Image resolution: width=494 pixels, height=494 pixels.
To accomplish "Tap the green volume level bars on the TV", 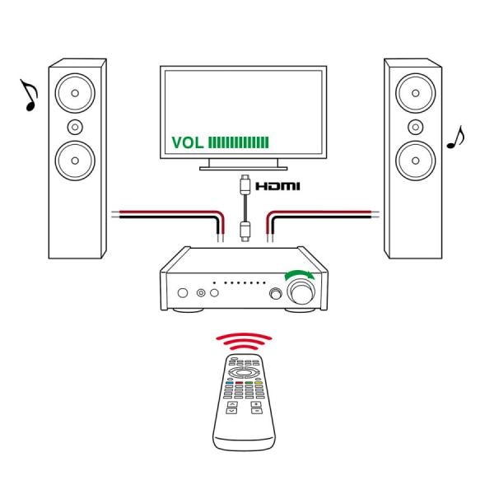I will tap(240, 142).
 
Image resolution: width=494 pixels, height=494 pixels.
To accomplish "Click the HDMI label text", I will tap(277, 188).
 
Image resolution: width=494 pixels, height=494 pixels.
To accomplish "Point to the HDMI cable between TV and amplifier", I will tap(244, 206).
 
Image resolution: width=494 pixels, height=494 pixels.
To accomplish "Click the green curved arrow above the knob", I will tap(298, 275).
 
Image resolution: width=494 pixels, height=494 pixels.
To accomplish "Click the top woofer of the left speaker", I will tap(75, 92).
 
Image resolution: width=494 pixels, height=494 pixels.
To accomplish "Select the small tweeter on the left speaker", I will tap(76, 126).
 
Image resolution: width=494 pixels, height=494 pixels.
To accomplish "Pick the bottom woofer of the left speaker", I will tap(76, 159).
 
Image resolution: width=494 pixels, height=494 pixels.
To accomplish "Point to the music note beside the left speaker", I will tap(29, 95).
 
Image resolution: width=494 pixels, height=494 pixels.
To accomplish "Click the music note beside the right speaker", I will tap(454, 137).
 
